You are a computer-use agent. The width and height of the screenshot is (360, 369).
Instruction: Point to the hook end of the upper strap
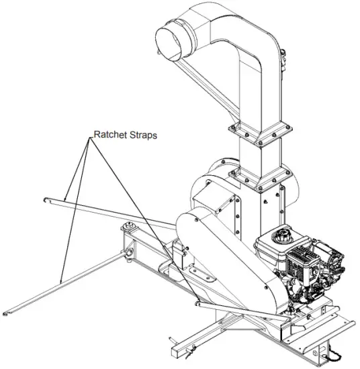pos(45,199)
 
